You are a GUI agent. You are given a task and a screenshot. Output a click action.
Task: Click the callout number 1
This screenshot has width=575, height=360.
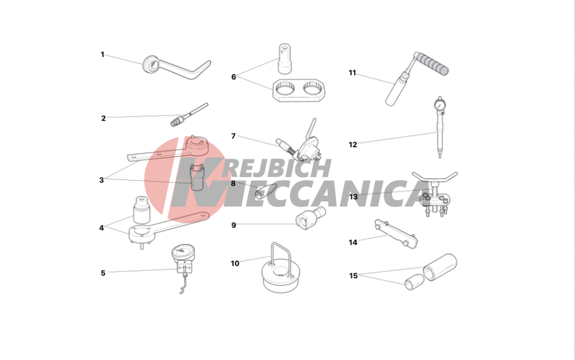point(102,55)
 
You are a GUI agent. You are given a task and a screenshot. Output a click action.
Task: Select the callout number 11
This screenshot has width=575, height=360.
point(352,73)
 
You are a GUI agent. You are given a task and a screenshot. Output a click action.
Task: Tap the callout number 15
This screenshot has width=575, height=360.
point(353,275)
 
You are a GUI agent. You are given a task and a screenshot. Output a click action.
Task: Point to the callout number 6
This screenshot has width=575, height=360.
point(233,77)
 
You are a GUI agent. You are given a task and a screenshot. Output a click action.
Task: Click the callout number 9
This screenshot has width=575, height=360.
point(233,225)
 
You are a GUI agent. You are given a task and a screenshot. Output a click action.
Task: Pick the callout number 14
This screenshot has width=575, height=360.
point(353,242)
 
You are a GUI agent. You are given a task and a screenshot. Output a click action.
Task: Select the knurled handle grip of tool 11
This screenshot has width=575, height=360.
point(434,64)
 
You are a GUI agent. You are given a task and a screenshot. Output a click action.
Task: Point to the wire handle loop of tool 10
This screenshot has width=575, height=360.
point(281,258)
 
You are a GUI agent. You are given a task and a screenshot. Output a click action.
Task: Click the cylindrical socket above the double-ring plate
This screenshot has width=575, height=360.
point(284,59)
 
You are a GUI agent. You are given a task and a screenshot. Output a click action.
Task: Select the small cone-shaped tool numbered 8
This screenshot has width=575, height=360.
point(265,191)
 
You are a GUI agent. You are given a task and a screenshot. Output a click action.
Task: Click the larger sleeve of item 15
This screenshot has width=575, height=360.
point(440,267)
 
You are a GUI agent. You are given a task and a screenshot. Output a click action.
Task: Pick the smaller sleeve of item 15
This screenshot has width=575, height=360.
point(415,282)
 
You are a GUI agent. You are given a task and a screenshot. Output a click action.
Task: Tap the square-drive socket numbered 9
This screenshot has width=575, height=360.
point(310,219)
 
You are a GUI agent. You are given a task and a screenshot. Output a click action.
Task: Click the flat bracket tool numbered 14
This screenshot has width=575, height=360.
point(396,234)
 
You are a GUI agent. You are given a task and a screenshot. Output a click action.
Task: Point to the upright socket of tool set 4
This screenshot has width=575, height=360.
point(141,210)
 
